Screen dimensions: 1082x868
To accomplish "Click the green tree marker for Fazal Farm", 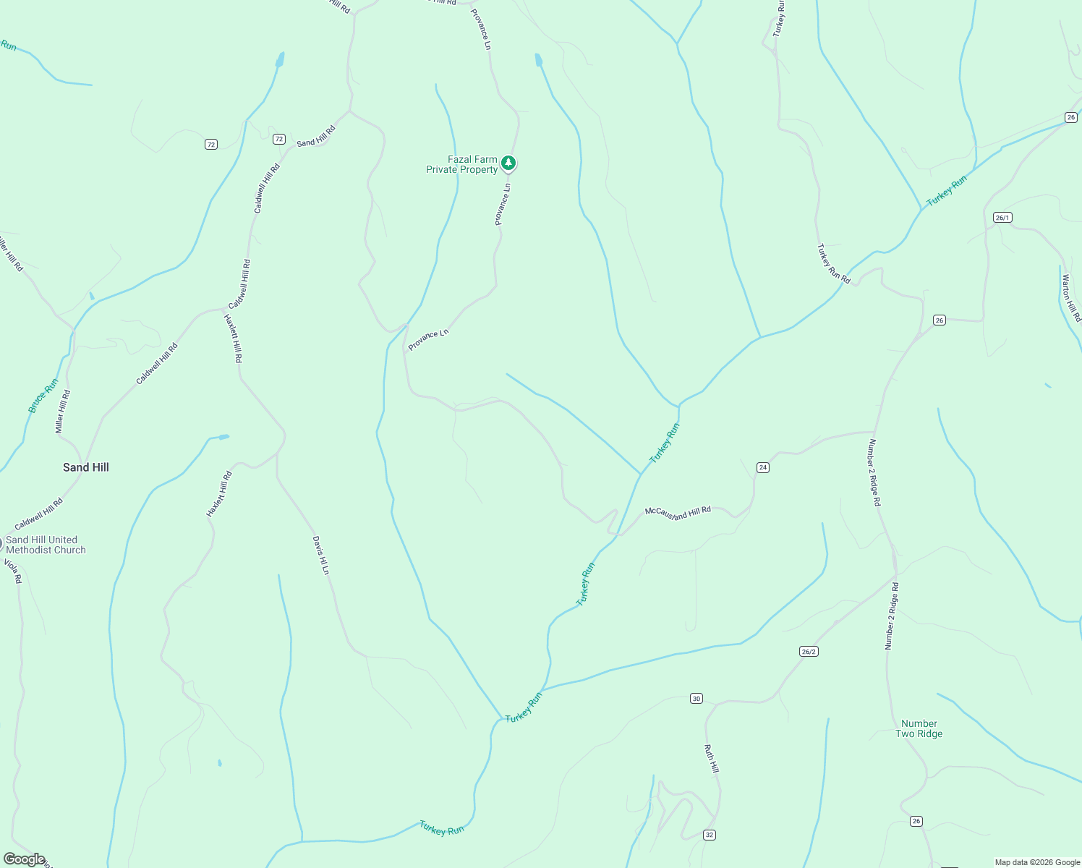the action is click(508, 163).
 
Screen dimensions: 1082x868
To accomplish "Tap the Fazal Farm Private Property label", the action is click(463, 165).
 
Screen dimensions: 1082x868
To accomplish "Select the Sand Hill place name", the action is click(86, 467).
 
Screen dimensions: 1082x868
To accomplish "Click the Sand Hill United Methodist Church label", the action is click(46, 545).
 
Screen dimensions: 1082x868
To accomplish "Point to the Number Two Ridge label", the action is click(919, 728).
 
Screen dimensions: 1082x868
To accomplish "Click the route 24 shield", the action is click(762, 467).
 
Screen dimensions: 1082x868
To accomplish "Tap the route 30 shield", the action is click(696, 698).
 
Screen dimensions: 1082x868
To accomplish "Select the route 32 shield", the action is click(709, 835).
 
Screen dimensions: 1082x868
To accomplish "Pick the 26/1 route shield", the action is click(1002, 217).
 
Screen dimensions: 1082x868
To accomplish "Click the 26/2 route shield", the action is click(809, 652).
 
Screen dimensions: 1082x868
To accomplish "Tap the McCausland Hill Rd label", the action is click(678, 512).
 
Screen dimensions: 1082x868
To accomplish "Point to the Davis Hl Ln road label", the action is click(320, 556).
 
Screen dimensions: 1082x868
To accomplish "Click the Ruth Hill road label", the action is click(712, 758).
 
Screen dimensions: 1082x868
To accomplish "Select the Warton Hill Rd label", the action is click(1071, 297).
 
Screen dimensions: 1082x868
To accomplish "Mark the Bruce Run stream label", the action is click(43, 396).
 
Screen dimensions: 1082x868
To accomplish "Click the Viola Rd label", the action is click(13, 571).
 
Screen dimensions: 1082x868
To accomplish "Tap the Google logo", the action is click(24, 859).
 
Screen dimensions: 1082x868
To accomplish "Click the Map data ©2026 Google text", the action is click(1036, 862).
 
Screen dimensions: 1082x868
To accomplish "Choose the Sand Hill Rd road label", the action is click(316, 136).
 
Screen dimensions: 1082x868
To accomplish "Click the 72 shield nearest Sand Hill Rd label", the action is click(278, 139).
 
